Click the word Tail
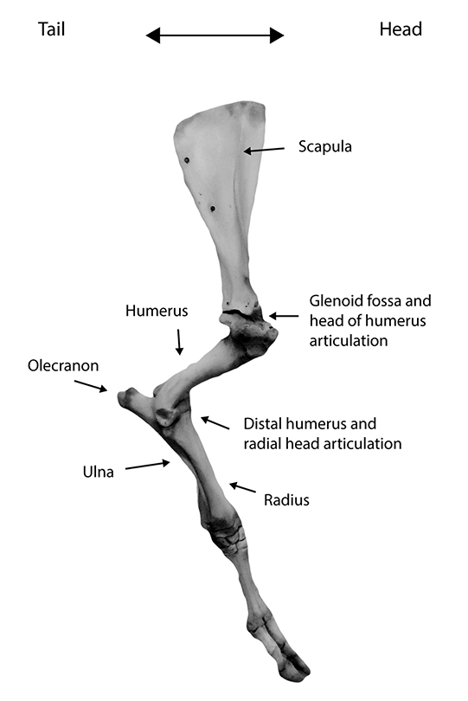[51, 29]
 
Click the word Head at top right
[401, 29]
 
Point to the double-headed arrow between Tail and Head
[215, 35]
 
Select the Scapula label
[325, 146]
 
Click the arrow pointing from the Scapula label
[264, 151]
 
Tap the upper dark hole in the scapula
[187, 160]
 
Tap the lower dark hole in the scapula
[213, 209]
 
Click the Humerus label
[157, 311]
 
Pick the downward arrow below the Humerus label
[179, 342]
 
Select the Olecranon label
[63, 366]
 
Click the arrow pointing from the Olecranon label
[91, 386]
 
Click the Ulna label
[99, 472]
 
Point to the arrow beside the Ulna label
[148, 466]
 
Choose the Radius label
[286, 500]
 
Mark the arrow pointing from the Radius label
[243, 487]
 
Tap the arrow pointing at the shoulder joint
[284, 316]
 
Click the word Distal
[262, 423]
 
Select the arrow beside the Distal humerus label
[215, 422]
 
